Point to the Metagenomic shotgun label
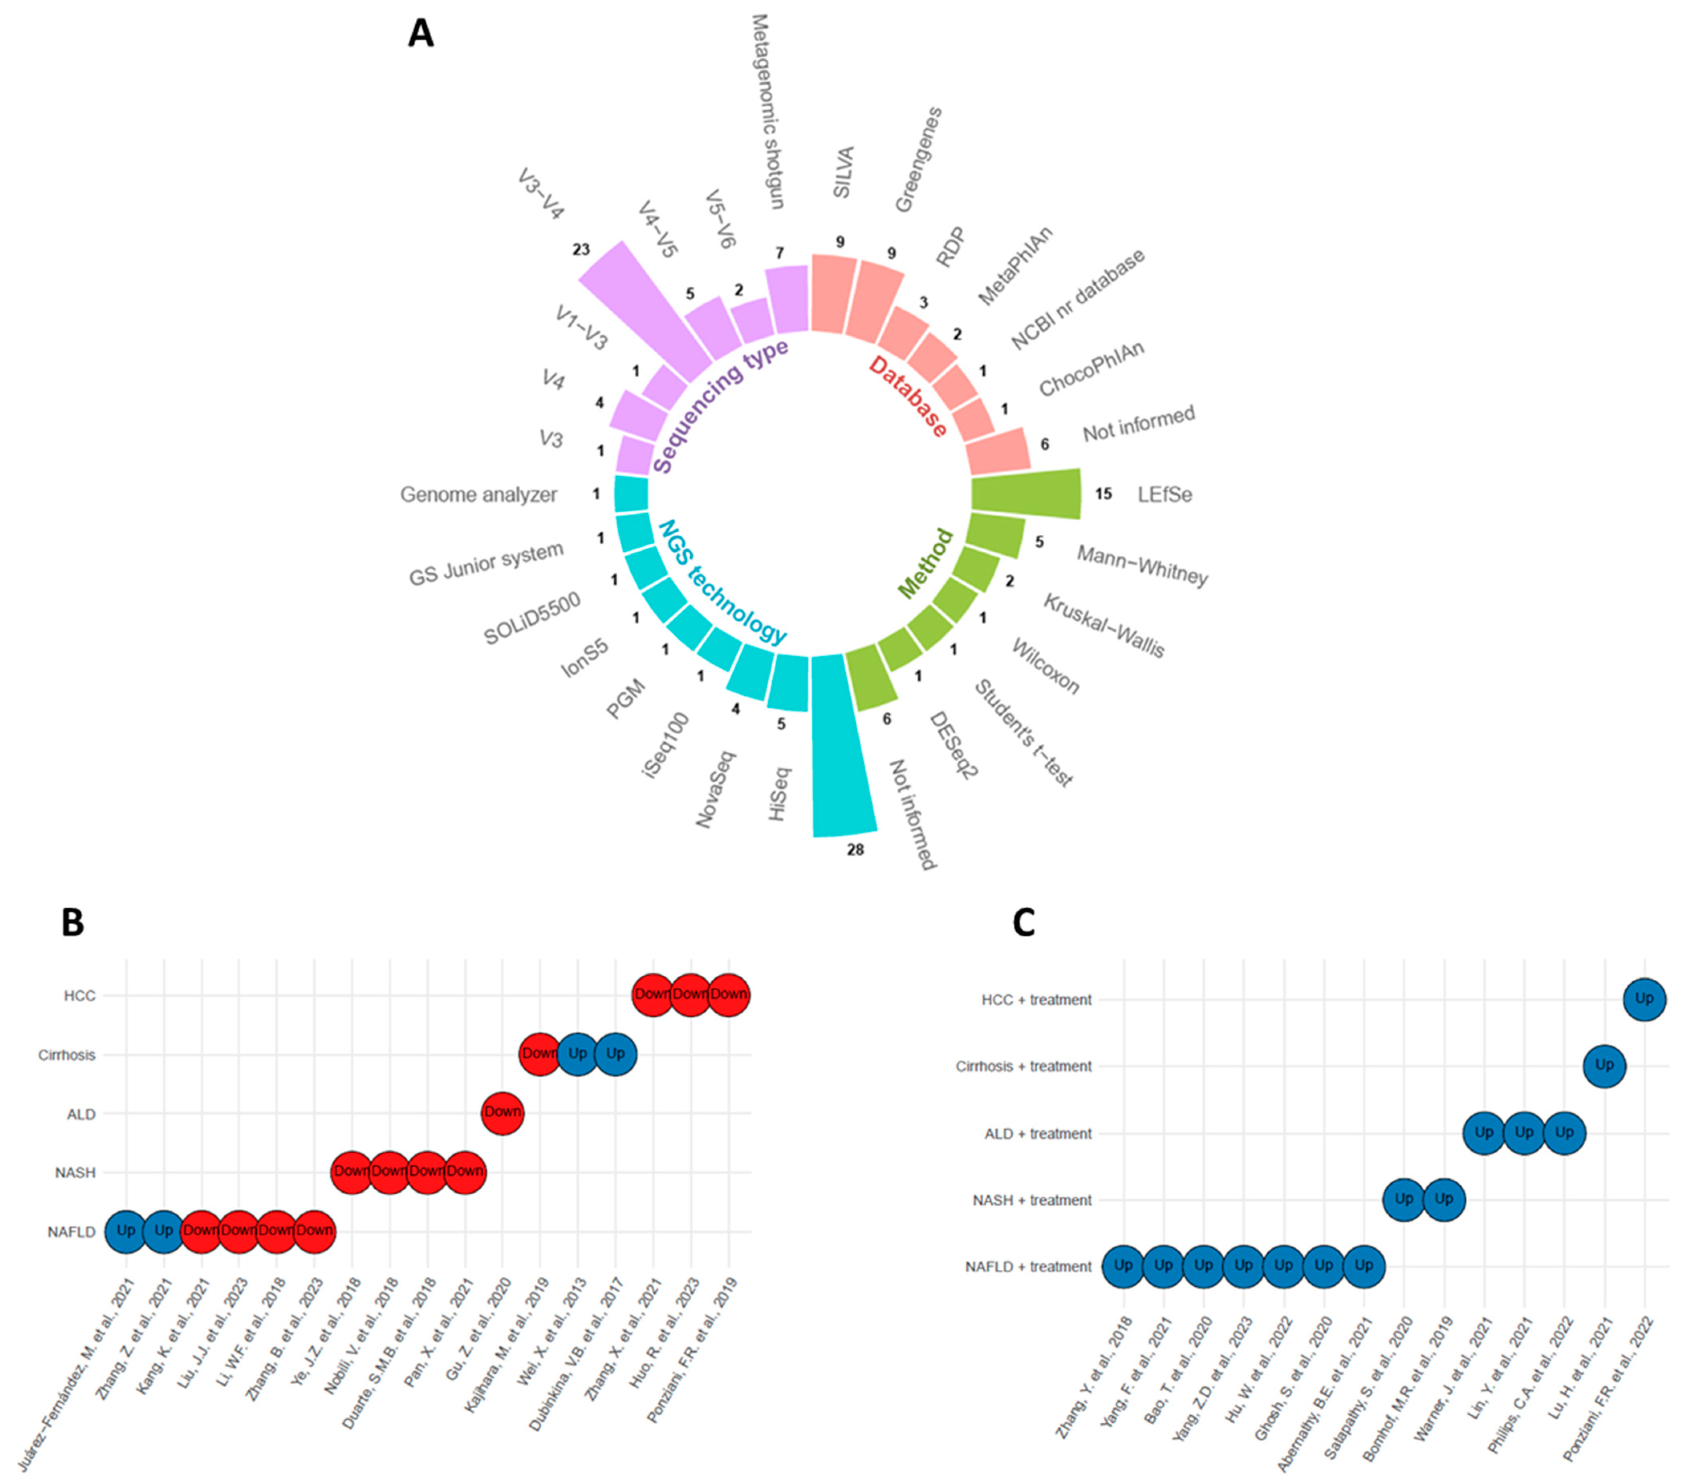(767, 111)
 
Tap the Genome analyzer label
(478, 495)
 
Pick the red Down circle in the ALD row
(502, 1112)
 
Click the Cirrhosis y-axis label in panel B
(67, 1055)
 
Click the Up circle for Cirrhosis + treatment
(1604, 1066)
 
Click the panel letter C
(1023, 923)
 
